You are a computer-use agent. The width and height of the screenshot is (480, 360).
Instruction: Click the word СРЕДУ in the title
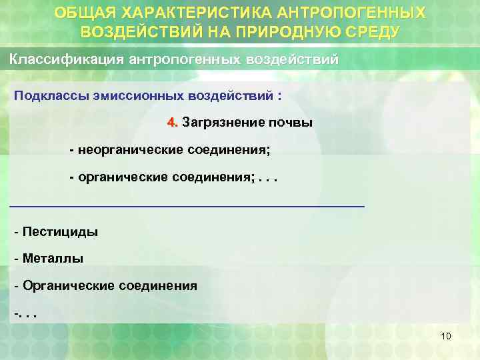coord(372,31)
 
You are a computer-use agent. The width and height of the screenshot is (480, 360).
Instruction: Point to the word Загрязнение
coord(220,123)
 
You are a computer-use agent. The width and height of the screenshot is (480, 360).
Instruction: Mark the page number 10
coord(446,336)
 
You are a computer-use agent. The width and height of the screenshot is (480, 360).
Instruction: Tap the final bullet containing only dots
coord(25,312)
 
